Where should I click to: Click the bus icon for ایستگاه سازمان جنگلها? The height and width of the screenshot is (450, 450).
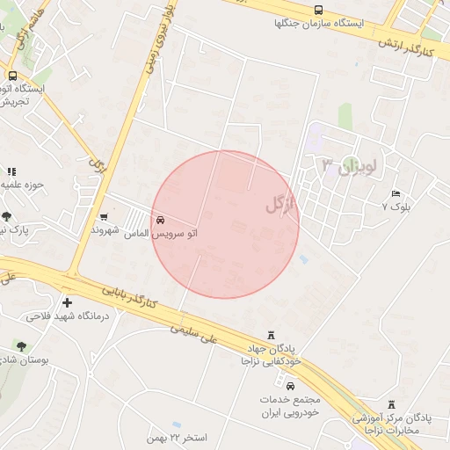point(317,11)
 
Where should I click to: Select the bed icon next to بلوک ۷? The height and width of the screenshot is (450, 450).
point(396,192)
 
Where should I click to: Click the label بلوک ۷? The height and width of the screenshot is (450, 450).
point(396,206)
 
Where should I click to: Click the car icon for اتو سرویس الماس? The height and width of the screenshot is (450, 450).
point(160,220)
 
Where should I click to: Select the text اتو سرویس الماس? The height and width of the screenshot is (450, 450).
point(160,234)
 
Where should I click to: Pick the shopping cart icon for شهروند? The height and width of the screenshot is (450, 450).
point(105,216)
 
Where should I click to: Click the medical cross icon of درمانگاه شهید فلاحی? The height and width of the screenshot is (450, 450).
point(67,302)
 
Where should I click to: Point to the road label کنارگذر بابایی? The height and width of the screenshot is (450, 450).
point(127,296)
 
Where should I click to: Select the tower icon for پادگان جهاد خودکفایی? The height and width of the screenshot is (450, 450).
point(271,337)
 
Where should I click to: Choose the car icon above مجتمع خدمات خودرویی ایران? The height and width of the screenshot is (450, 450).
point(290,385)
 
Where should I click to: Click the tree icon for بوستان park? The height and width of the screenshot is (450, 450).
point(20,346)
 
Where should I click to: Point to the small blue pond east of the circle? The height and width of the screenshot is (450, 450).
point(303,259)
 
